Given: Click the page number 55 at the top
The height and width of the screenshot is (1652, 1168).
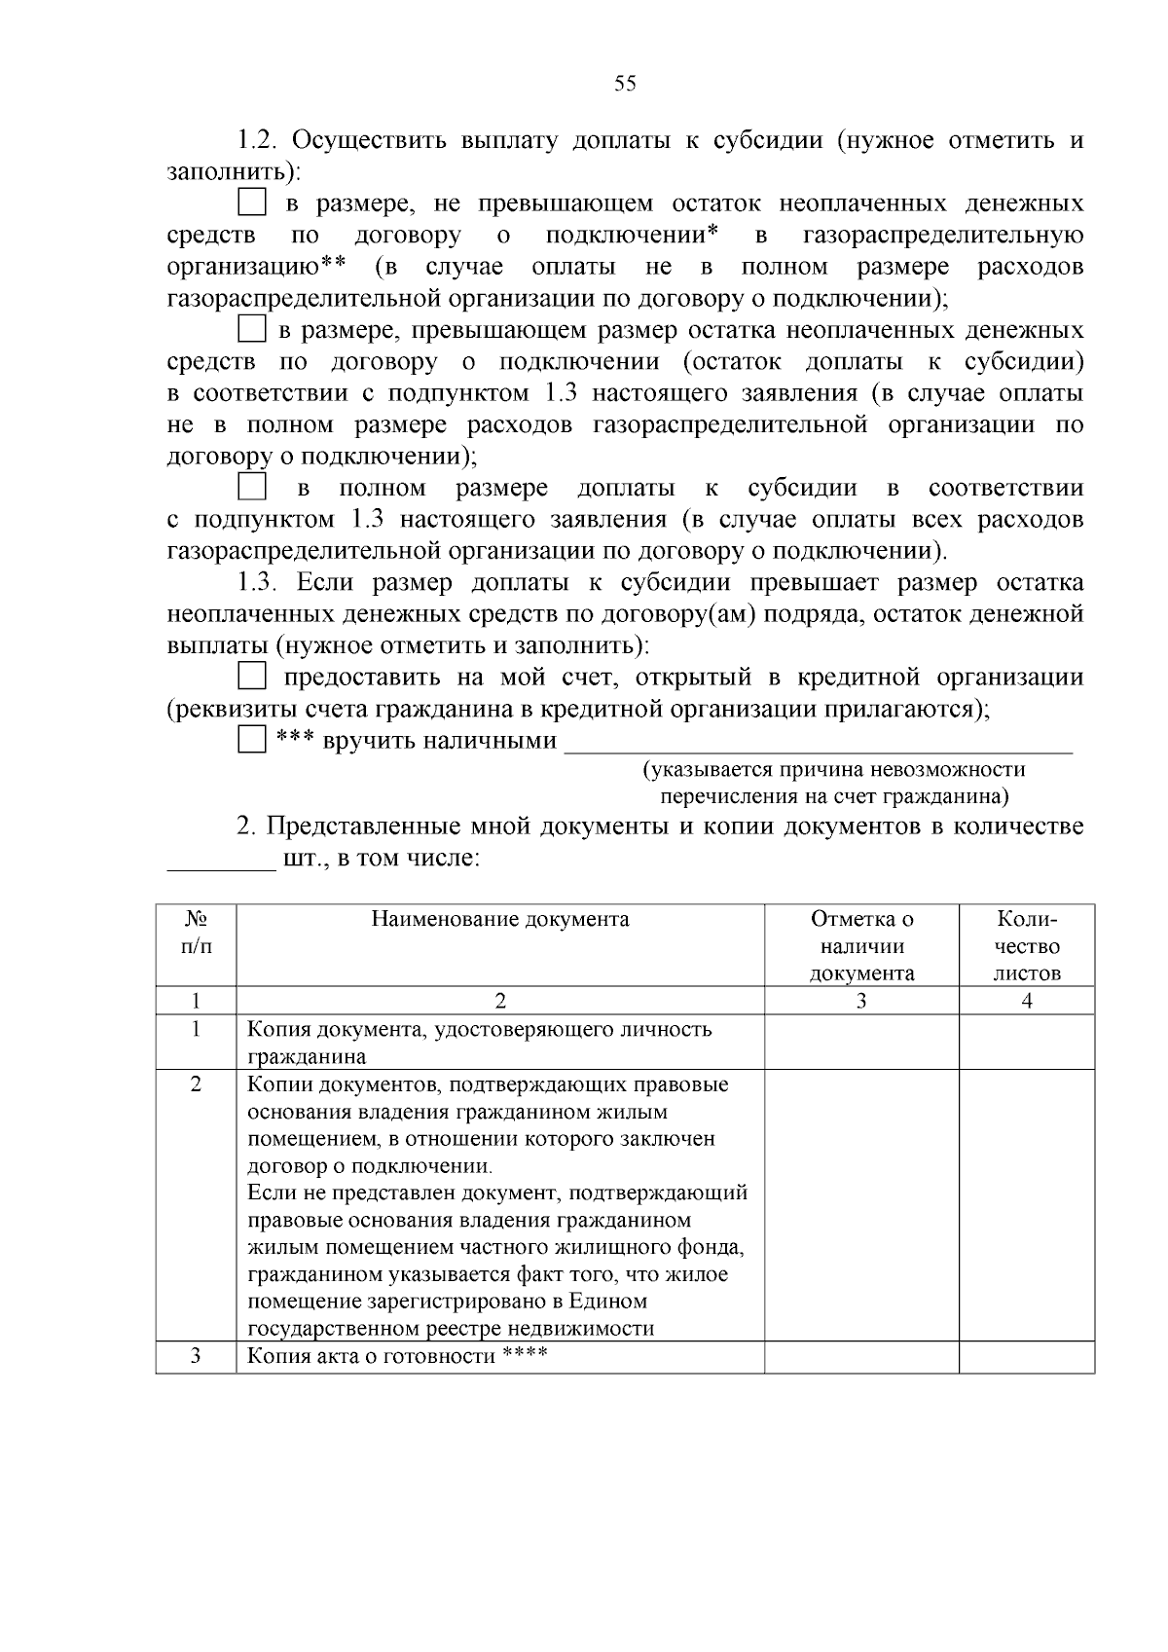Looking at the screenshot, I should (x=625, y=84).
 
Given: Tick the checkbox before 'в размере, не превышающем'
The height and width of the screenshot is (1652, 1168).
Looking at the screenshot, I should (x=252, y=203).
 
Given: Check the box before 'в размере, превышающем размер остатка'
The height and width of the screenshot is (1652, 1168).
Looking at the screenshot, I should (x=252, y=329).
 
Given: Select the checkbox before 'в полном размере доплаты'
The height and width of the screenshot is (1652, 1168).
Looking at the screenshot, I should (x=252, y=487).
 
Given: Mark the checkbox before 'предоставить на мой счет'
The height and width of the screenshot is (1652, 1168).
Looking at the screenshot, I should (x=252, y=676).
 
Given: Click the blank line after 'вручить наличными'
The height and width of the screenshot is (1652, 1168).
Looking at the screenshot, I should (x=818, y=746).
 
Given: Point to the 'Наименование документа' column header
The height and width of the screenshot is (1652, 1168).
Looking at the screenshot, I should (x=500, y=919).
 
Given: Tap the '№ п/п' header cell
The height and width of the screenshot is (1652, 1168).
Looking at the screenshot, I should (x=196, y=933).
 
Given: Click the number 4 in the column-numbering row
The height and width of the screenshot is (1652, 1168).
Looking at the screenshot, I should (x=1027, y=1001).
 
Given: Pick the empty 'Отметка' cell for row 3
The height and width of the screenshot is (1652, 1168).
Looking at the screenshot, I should (x=861, y=1356).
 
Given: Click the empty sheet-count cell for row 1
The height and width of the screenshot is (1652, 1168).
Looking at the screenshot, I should (x=1027, y=1043).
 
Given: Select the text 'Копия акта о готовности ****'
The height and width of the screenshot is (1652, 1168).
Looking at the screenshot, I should (x=397, y=1356).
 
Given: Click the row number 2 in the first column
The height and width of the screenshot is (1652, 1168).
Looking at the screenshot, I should (x=196, y=1084).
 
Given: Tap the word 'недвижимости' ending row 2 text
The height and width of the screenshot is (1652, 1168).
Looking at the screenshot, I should (x=589, y=1329).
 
